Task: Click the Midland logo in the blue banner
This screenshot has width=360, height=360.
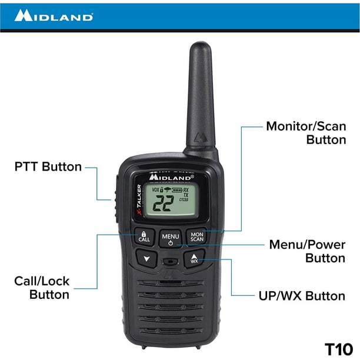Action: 54,15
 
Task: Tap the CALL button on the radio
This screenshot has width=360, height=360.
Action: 144,237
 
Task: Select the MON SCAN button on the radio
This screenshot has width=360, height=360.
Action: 196,236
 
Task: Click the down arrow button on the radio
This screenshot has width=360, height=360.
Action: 146,258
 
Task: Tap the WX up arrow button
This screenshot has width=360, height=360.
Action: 194,258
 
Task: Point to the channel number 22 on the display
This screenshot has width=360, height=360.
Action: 164,204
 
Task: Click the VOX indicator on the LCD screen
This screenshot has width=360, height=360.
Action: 155,190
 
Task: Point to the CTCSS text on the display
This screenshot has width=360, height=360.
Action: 184,200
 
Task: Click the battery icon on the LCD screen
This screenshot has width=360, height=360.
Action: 177,190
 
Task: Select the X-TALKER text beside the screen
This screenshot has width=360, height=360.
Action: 139,199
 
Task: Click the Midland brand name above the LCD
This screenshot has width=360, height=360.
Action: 172,177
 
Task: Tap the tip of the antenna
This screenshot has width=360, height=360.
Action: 201,42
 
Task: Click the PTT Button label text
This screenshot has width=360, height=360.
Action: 48,166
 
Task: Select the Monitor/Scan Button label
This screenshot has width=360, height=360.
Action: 306,133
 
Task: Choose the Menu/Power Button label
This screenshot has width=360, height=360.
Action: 307,251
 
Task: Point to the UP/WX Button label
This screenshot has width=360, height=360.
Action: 302,296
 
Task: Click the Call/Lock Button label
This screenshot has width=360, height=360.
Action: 42,288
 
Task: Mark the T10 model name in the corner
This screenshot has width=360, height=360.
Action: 339,349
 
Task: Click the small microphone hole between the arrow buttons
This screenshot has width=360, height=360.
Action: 171,262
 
